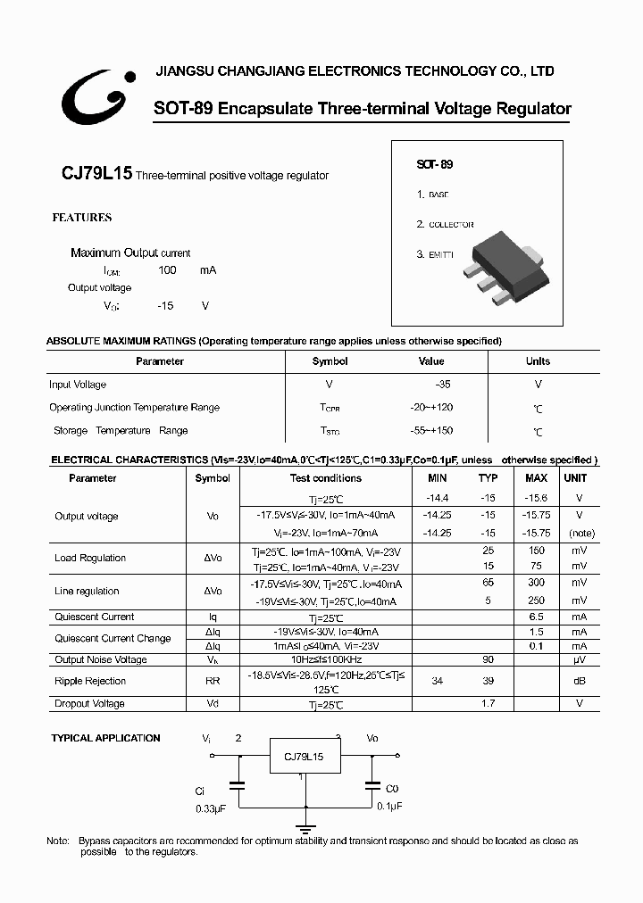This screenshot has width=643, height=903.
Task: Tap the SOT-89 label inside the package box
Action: point(435,165)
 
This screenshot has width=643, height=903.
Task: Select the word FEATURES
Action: point(81,218)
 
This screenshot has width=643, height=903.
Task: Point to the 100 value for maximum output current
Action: point(167,269)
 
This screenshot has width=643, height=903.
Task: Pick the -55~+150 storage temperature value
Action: point(431,430)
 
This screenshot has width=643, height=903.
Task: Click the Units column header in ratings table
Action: point(538,361)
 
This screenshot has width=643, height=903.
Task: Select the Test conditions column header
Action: point(325,478)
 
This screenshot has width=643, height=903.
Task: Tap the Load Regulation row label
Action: point(90,558)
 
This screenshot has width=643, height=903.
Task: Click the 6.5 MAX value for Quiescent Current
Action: point(536,617)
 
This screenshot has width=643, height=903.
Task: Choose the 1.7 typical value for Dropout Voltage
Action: point(489,703)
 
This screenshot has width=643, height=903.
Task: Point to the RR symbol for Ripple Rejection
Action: point(212,681)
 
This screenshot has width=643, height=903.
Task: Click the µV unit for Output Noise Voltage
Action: point(579,659)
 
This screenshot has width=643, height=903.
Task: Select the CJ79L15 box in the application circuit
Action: point(304,757)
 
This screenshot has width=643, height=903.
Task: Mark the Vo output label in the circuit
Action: point(372,739)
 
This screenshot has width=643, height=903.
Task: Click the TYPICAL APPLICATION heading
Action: point(105,738)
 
